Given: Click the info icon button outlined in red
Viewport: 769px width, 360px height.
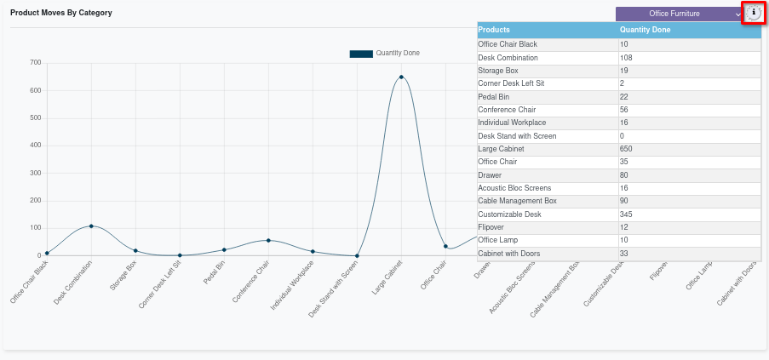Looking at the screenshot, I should (754, 13).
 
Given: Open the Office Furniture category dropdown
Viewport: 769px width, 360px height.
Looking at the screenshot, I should (680, 14).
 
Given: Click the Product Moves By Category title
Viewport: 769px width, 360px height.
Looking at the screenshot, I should (61, 14).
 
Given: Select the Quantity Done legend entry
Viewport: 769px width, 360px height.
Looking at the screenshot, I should (385, 54).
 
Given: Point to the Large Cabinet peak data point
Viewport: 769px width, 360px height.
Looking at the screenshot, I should (401, 77).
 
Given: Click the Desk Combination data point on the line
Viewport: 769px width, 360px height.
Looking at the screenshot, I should (91, 226).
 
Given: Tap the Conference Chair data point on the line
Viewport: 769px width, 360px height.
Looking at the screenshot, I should (268, 240).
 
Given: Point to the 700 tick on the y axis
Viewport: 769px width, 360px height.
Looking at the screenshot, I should (35, 63).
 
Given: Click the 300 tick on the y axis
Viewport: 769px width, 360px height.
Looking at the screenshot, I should (35, 173).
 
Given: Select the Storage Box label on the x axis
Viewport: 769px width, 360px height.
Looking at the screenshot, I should (124, 277).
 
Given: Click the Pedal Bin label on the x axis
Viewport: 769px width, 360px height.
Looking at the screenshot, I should (215, 276).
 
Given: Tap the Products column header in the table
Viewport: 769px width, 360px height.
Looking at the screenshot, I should (495, 30).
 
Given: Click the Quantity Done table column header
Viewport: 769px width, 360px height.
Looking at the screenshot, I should (645, 30).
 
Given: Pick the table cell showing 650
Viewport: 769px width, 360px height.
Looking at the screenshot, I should (626, 149).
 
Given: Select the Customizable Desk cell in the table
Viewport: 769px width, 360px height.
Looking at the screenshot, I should (509, 214).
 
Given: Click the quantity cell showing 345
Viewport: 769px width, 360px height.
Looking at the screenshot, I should (626, 214).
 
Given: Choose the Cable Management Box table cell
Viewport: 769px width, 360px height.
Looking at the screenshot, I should (517, 201).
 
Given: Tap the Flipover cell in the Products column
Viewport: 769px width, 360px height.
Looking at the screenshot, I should (493, 227).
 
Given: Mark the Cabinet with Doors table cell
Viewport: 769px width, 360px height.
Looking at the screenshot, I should (509, 254).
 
